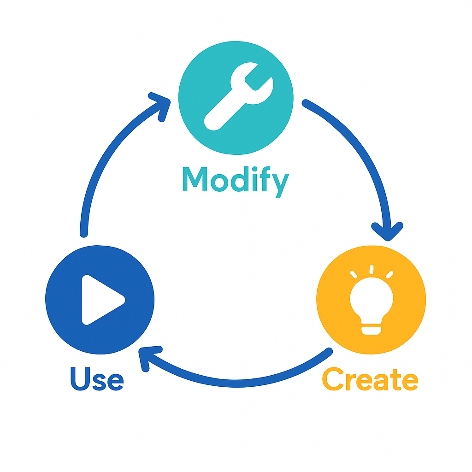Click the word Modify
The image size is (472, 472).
pyautogui.click(x=236, y=180)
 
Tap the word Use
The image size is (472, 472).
pyautogui.click(x=97, y=379)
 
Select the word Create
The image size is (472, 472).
pyautogui.click(x=370, y=379)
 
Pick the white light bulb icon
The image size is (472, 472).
pyautogui.click(x=372, y=302)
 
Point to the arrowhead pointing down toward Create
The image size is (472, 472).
pyautogui.click(x=388, y=230)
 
